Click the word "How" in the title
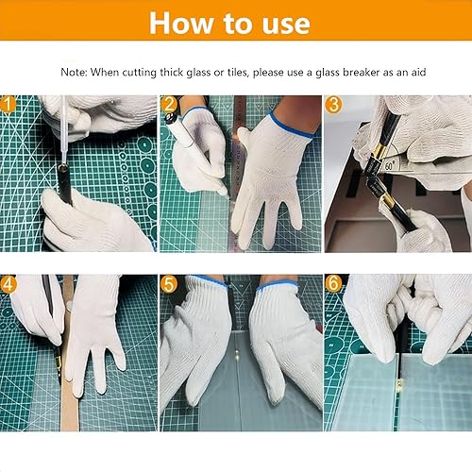[x=181, y=23]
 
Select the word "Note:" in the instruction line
[x=74, y=72]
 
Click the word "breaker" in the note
[x=361, y=72]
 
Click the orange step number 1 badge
[x=8, y=105]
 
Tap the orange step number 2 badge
[x=169, y=105]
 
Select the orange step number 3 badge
[x=333, y=105]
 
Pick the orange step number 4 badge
[x=8, y=284]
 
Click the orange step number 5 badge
[x=169, y=284]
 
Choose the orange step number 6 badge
[x=333, y=283]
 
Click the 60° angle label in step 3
[x=390, y=165]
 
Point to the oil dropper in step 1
[x=63, y=129]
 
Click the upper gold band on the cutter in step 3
[x=379, y=151]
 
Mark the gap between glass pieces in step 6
[x=399, y=390]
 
